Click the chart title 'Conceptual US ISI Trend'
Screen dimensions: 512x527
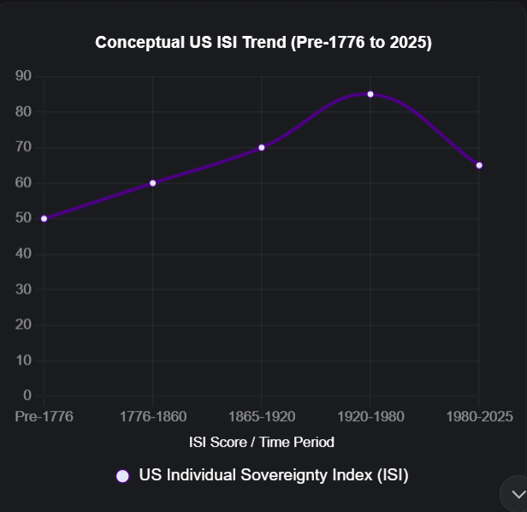click(x=263, y=42)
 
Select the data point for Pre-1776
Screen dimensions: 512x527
click(x=44, y=218)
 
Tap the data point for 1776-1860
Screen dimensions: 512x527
click(x=153, y=182)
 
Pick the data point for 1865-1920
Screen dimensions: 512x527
click(x=262, y=147)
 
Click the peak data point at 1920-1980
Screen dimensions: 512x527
click(x=370, y=94)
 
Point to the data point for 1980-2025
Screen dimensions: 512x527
click(x=479, y=165)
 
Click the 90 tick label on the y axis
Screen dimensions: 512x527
click(x=23, y=76)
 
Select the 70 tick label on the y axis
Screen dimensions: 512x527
click(x=23, y=147)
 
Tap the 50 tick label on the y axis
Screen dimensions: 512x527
click(x=23, y=218)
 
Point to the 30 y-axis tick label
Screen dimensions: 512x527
click(x=23, y=289)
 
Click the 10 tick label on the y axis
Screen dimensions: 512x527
click(x=23, y=360)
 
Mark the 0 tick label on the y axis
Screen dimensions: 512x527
click(x=27, y=396)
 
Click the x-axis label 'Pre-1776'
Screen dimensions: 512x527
click(x=44, y=417)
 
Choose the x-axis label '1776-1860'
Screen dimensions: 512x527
click(x=153, y=417)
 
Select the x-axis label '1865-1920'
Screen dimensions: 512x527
click(x=262, y=417)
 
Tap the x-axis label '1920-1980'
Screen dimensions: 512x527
click(x=370, y=417)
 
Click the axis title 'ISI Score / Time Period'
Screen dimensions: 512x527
click(x=262, y=443)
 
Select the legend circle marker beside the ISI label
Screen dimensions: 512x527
click(x=122, y=476)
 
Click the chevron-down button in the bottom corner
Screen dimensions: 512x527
click(x=517, y=494)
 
